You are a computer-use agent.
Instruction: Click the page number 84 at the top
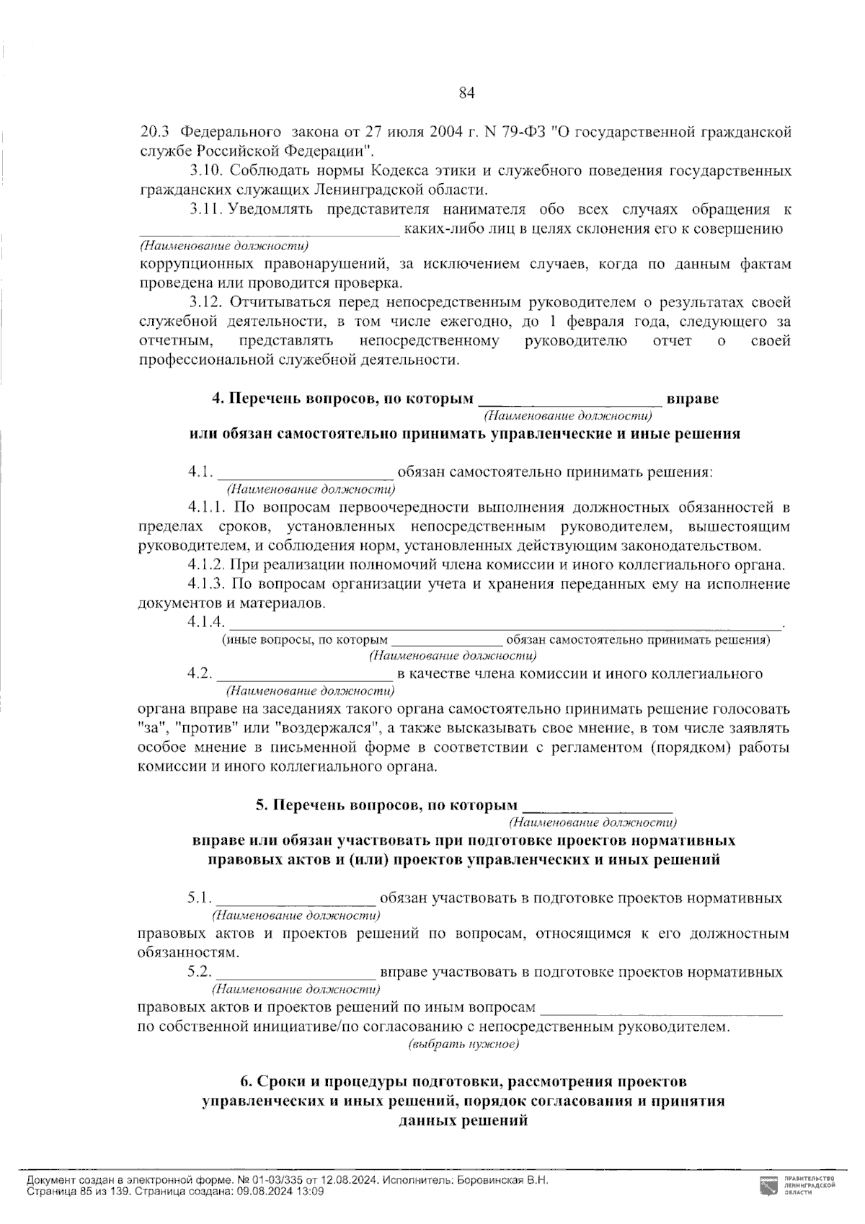(x=466, y=92)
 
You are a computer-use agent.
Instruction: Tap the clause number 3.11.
(x=205, y=210)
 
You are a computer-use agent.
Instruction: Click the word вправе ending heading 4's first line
(x=692, y=398)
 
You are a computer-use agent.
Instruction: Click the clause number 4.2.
(x=200, y=674)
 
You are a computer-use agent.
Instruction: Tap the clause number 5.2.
(x=200, y=972)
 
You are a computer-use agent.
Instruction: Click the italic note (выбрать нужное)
(x=464, y=1043)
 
